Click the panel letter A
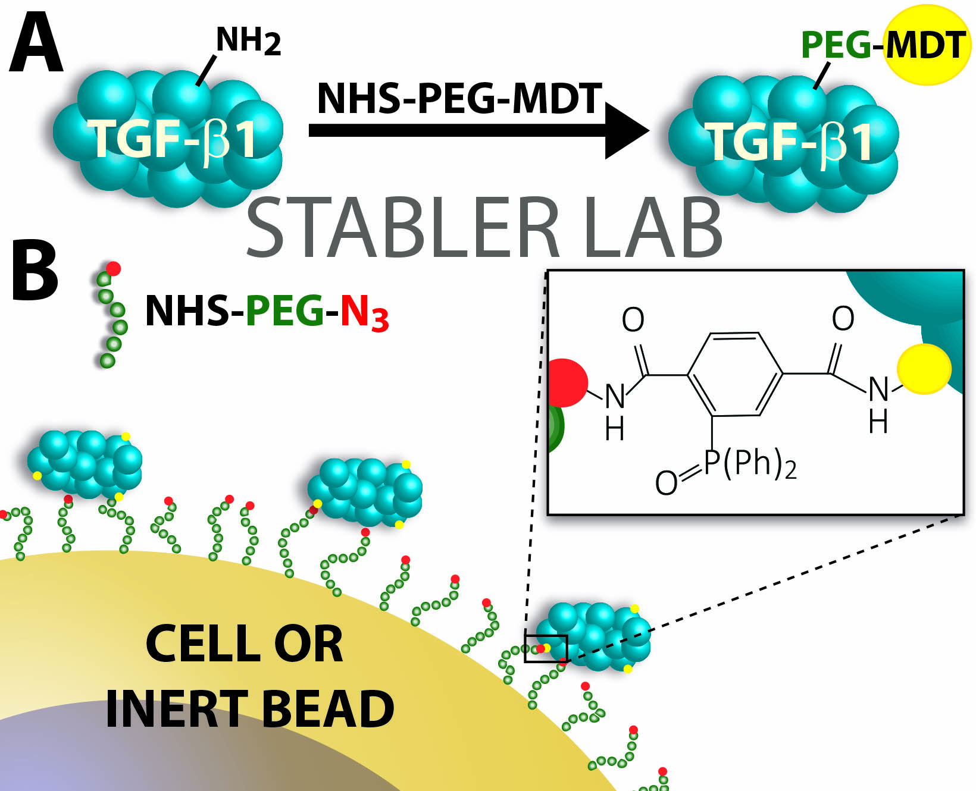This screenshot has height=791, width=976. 36,45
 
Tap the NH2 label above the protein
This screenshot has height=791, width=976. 248,42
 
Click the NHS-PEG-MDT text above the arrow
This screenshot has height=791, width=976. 459,98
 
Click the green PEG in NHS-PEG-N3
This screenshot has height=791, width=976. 284,311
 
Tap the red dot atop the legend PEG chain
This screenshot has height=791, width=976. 113,268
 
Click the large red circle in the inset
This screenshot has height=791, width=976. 565,383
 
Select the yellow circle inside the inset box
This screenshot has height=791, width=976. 924,369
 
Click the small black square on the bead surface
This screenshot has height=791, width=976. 546,648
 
